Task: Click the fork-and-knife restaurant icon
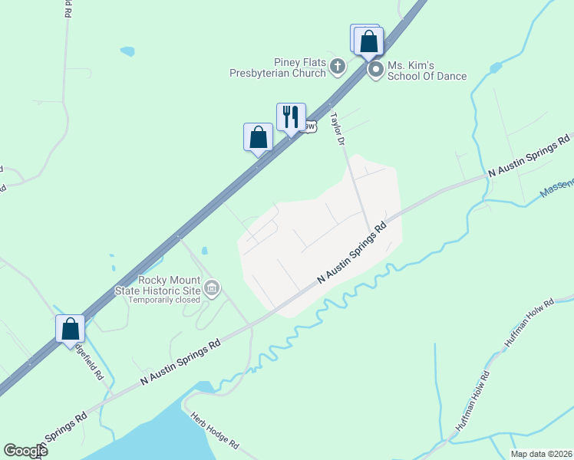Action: [291, 117]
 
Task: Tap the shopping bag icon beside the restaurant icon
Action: [259, 137]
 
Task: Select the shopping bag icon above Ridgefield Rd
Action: [71, 328]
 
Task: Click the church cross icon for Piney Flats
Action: [337, 68]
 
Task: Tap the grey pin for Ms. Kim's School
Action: [376, 71]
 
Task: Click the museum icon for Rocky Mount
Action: [213, 289]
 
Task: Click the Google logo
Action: [25, 451]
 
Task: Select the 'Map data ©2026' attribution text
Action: [540, 454]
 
